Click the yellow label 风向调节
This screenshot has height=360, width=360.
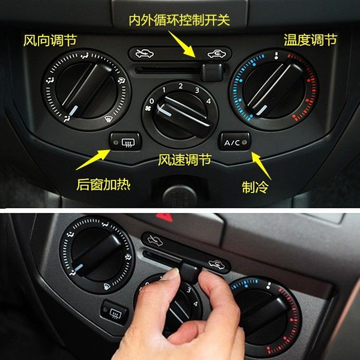(x=50, y=41)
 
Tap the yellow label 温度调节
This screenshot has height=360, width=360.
(x=311, y=40)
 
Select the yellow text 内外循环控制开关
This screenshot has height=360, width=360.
(x=179, y=20)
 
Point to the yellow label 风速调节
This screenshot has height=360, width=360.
(x=185, y=159)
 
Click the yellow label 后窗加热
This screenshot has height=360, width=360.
(x=103, y=185)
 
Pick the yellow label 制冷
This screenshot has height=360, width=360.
(x=255, y=187)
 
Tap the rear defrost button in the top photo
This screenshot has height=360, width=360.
(x=125, y=142)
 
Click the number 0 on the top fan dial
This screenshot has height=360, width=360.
(x=152, y=101)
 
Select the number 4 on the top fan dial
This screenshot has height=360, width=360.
(x=208, y=101)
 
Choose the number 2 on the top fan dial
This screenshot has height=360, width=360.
(x=181, y=86)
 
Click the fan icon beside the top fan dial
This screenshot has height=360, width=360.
(x=148, y=108)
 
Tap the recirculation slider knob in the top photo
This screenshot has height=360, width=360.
(x=212, y=72)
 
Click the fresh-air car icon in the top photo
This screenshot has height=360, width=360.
(x=145, y=53)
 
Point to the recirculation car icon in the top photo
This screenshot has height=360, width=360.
(x=217, y=54)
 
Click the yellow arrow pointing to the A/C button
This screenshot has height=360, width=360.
(x=261, y=165)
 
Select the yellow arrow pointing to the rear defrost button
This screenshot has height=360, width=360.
(x=93, y=159)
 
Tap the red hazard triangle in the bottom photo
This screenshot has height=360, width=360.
(x=165, y=217)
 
